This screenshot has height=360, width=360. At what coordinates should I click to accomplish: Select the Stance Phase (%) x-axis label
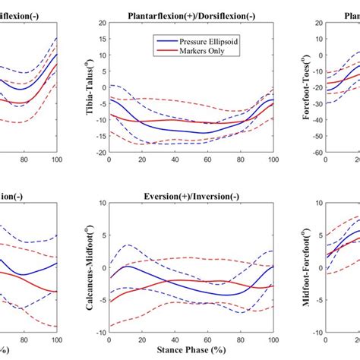coord(191,352)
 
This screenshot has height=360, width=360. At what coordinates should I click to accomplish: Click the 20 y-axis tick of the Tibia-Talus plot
coord(102,23)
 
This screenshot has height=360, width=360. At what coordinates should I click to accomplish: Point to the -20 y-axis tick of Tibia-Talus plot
coord(100,152)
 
